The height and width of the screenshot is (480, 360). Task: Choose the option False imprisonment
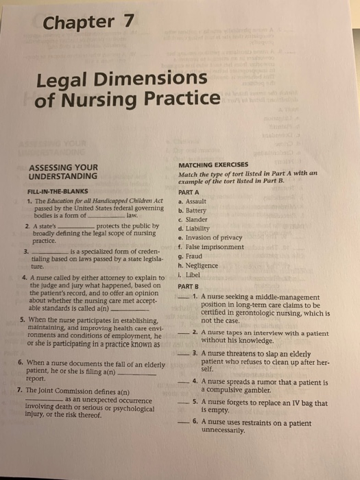(215, 247)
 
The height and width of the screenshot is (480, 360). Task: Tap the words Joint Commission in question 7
(64, 389)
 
